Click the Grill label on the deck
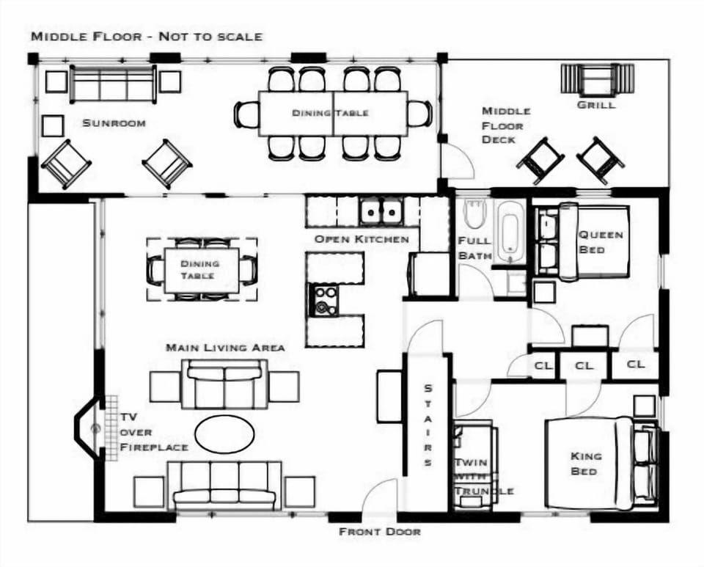coord(596,105)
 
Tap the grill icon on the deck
coord(598,79)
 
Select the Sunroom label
coord(114,123)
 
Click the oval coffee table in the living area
coord(224,434)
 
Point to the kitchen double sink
coord(381,211)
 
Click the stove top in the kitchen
coord(323,300)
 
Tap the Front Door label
coord(380,532)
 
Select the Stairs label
coord(428,425)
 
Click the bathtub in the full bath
coord(510,231)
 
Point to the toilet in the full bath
coord(474,213)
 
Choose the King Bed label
coord(584,464)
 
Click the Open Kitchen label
coord(362,239)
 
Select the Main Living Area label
coord(225,348)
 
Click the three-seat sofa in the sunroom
coord(114,84)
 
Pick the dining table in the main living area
coord(202,270)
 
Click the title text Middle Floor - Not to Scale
coord(147,37)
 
